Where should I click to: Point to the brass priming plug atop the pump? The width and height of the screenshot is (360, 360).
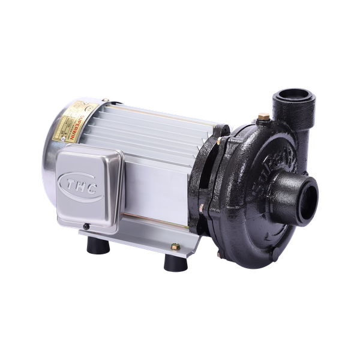click(x=262, y=118)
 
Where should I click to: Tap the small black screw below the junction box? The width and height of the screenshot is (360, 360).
click(x=87, y=226)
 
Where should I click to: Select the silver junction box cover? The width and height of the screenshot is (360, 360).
click(x=90, y=186)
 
